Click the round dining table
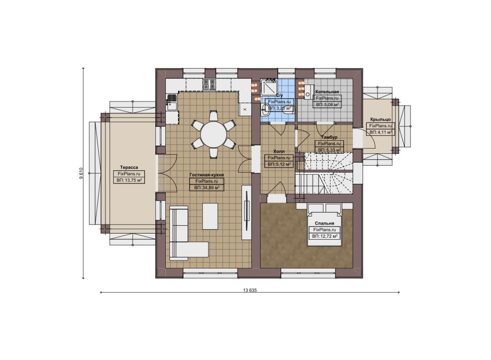[x=213, y=135]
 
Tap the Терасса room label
[x=129, y=168]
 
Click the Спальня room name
[x=325, y=223]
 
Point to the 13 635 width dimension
[x=250, y=290]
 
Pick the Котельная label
[x=327, y=92]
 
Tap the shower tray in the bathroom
[x=269, y=87]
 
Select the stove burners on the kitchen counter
[x=209, y=85]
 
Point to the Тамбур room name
[x=329, y=137]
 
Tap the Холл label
[x=279, y=151]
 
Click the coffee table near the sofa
[x=210, y=216]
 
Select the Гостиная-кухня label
[x=206, y=175]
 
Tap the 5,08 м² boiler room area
[x=327, y=105]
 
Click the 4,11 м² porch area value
[x=380, y=132]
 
